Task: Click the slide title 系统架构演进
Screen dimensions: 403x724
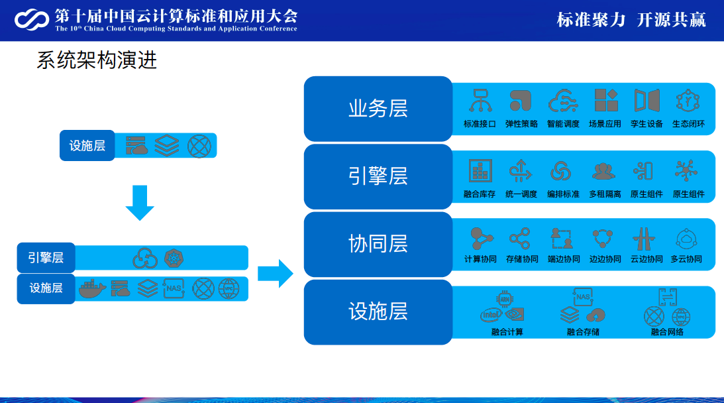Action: pos(97,61)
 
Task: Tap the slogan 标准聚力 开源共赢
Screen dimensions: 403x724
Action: pos(631,20)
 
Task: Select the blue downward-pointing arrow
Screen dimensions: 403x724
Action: pos(140,203)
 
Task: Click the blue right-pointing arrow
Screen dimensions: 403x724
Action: pos(275,272)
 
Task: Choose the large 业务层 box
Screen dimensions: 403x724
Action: pos(378,109)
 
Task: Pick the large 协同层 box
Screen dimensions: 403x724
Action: pos(378,244)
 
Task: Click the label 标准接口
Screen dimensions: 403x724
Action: pos(480,124)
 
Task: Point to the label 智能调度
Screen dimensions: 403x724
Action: pos(563,124)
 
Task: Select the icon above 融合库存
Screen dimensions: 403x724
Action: pos(480,171)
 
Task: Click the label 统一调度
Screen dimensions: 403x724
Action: pos(521,194)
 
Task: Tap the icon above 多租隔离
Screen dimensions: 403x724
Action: pos(603,171)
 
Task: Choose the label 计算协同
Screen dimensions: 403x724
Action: pos(480,259)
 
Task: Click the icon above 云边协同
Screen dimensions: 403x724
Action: pos(644,238)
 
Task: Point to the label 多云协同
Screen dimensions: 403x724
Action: pos(686,259)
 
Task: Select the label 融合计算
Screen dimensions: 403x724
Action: pos(507,331)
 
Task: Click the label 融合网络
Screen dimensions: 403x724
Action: pos(667,331)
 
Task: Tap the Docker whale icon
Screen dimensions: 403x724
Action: pos(92,288)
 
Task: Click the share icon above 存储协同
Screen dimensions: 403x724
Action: pos(520,238)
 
